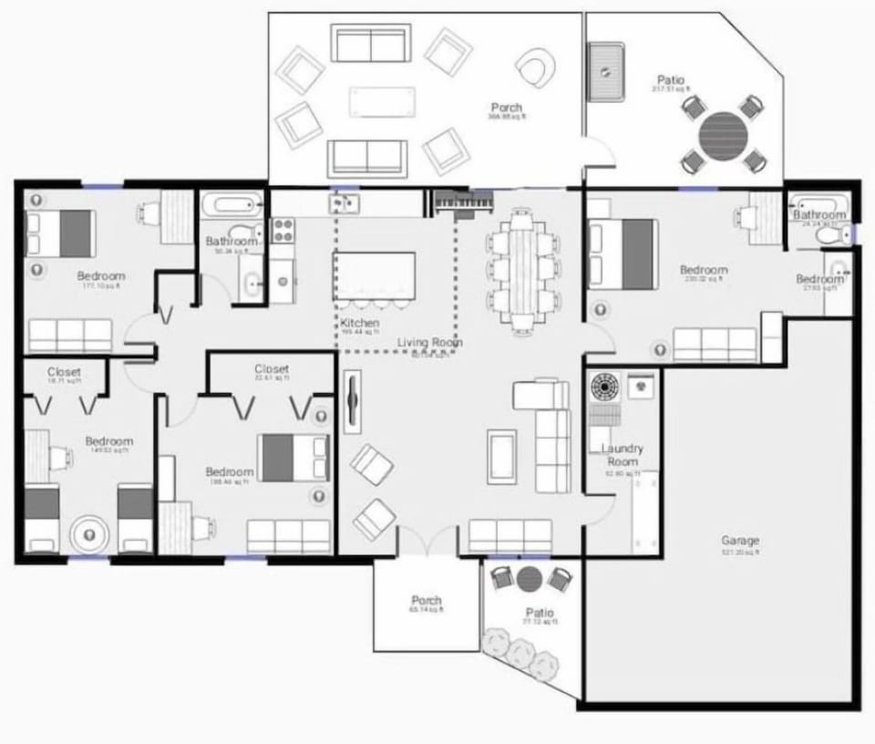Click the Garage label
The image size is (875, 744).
click(x=739, y=541)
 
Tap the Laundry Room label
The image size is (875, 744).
click(x=623, y=455)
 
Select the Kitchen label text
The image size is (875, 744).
click(x=359, y=324)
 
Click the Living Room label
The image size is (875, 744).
click(x=429, y=343)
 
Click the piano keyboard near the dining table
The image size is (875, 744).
click(x=463, y=202)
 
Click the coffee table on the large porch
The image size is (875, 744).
click(x=382, y=101)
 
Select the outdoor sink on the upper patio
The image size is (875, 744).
click(x=605, y=71)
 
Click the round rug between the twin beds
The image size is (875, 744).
click(x=88, y=533)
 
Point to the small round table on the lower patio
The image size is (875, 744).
click(x=530, y=578)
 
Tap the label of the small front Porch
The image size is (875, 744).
click(x=426, y=601)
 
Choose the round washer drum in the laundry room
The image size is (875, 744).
click(x=604, y=387)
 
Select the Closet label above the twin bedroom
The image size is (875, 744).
click(x=64, y=372)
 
